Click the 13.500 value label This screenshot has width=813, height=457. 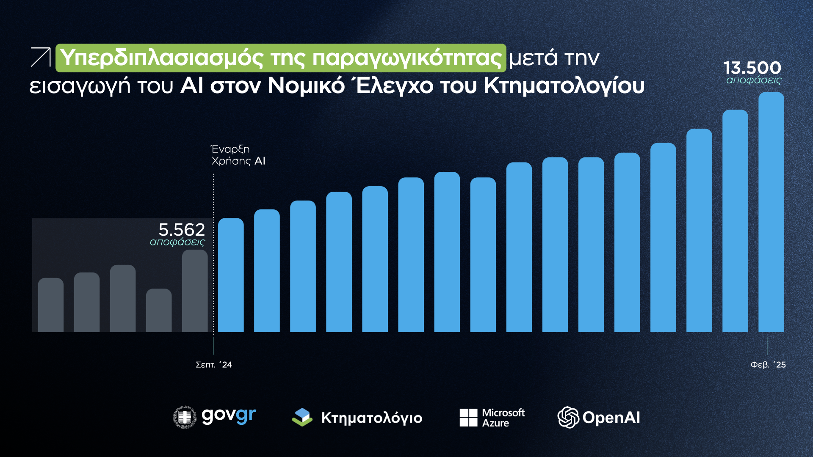(752, 68)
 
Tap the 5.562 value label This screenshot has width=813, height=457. (182, 230)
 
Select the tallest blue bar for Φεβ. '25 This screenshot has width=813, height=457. (771, 212)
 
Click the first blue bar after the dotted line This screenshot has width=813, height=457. (231, 275)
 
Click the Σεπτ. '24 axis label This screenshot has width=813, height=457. (214, 365)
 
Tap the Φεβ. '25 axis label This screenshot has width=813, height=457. (768, 365)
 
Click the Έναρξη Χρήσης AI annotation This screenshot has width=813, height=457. (238, 155)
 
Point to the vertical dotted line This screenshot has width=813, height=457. (213, 254)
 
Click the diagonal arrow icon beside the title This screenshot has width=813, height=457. (41, 57)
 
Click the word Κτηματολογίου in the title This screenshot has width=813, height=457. (564, 86)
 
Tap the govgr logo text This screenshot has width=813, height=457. (229, 416)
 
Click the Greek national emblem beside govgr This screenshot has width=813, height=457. (185, 417)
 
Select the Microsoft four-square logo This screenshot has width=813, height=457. (468, 418)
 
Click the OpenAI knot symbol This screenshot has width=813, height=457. (568, 418)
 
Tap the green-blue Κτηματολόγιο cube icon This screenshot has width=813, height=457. (302, 417)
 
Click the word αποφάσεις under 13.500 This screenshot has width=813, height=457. (754, 80)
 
